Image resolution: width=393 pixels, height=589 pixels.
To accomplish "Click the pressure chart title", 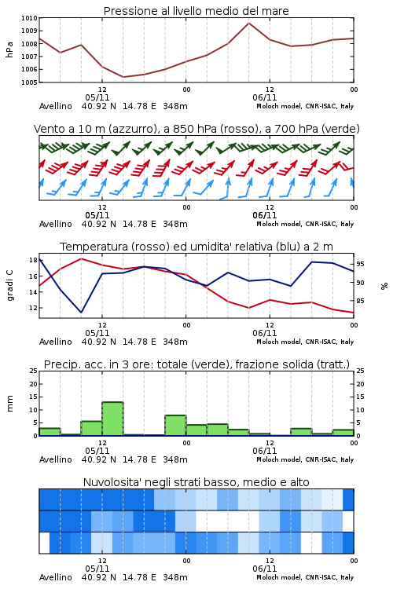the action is click(x=196, y=11).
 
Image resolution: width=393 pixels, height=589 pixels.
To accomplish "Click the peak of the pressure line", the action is click(x=248, y=23).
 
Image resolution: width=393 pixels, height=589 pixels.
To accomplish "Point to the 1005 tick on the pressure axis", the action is click(x=29, y=82).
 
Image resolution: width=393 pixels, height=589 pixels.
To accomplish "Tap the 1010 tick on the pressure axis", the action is click(x=29, y=18).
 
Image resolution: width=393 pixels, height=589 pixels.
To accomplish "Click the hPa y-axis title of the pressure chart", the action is click(x=9, y=49).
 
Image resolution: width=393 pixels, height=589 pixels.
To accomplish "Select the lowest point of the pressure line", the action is click(x=123, y=77).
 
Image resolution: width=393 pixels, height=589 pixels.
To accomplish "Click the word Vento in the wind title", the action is click(x=46, y=129).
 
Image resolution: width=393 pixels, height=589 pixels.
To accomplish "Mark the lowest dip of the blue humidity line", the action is click(x=81, y=312).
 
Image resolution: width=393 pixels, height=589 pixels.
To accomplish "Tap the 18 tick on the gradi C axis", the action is click(x=33, y=260).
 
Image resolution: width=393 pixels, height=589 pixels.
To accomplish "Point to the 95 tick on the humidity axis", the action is click(x=361, y=265).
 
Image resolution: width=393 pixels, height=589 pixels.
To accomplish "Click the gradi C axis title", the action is click(x=10, y=286).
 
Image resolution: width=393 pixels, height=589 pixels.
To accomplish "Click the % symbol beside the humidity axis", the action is click(x=384, y=286).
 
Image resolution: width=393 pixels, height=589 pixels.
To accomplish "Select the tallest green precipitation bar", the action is click(x=113, y=419).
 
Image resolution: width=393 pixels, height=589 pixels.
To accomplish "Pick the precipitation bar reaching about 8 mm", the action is click(x=175, y=425).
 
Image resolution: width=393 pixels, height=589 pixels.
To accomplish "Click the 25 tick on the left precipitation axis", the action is click(x=33, y=371).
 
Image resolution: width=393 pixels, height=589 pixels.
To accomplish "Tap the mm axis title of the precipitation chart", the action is click(x=10, y=404).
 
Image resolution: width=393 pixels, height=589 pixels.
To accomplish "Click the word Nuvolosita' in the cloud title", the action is click(x=108, y=482).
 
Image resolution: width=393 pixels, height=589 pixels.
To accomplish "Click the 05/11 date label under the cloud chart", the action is click(x=97, y=569).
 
